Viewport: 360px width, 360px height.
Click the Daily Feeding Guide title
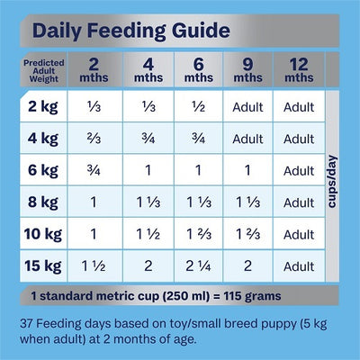click(x=129, y=31)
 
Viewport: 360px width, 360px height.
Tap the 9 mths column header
click(x=247, y=70)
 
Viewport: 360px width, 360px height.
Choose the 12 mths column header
click(x=298, y=70)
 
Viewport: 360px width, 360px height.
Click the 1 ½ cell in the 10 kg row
click(x=147, y=234)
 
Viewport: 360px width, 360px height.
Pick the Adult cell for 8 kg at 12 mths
click(x=298, y=202)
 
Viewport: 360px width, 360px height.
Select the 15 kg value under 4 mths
click(x=147, y=266)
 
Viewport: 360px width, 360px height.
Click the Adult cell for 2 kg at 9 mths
click(x=247, y=108)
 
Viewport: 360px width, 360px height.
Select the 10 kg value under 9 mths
click(x=247, y=234)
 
